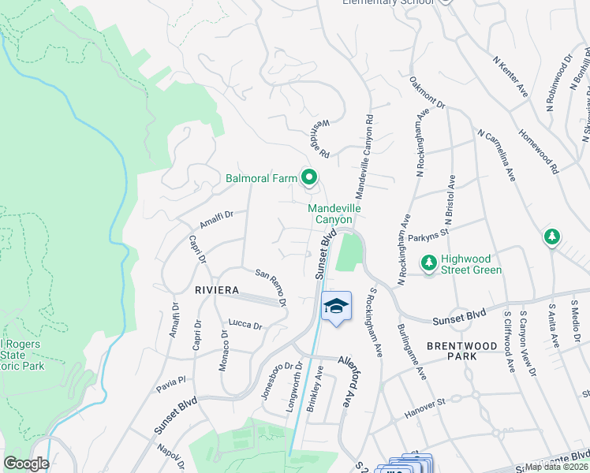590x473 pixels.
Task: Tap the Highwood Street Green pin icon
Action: (x=429, y=262)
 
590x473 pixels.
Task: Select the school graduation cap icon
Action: (x=336, y=306)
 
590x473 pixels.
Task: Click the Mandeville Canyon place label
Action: (x=334, y=214)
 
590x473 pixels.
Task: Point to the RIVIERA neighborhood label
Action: (x=217, y=290)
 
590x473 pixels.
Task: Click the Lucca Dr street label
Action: (x=245, y=324)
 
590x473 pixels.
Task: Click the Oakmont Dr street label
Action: (x=428, y=92)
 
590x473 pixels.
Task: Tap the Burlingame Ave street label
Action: (x=413, y=346)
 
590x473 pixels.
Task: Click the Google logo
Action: (x=26, y=464)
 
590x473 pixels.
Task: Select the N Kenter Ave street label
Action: (x=510, y=76)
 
